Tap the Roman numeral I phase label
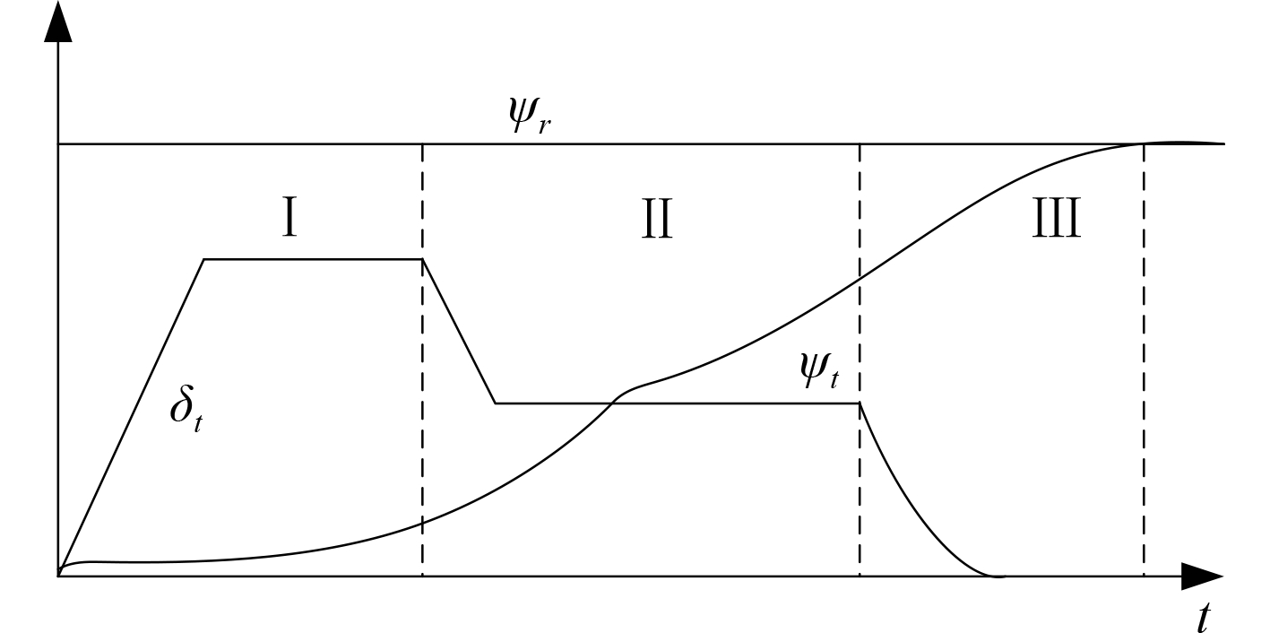[x=289, y=221]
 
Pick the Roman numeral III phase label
[x=1055, y=221]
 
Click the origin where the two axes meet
[x=58, y=577]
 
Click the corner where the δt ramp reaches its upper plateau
[x=205, y=259]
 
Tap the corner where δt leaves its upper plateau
[x=422, y=259]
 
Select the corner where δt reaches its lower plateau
[x=496, y=403]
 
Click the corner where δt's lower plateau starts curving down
[x=860, y=403]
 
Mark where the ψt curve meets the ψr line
[x=1143, y=143]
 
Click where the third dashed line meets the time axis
[x=1144, y=577]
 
